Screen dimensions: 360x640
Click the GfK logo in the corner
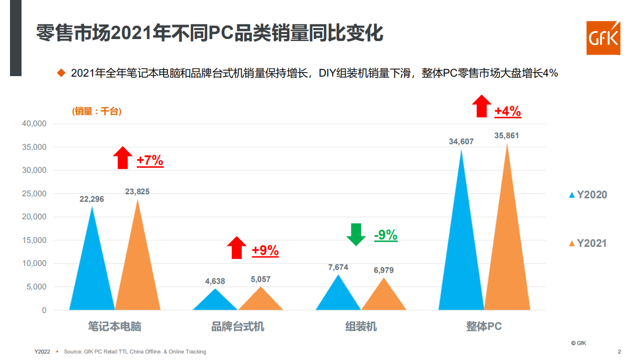tap(603, 38)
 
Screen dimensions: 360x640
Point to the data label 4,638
tap(215, 281)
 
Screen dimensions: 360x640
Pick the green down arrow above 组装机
tap(356, 234)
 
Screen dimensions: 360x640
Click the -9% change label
tap(386, 235)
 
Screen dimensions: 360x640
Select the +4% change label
tap(507, 111)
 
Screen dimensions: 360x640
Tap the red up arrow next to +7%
tap(122, 158)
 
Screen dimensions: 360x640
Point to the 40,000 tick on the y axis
tap(35, 124)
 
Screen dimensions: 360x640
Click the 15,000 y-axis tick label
tap(35, 240)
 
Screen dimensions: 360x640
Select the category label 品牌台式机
tap(238, 327)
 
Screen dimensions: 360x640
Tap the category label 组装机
tap(361, 327)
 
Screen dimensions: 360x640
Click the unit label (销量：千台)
tap(97, 111)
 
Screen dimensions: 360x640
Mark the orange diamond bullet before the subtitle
tap(62, 73)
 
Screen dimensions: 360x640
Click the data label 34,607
tap(461, 142)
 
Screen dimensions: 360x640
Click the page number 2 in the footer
tap(619, 351)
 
